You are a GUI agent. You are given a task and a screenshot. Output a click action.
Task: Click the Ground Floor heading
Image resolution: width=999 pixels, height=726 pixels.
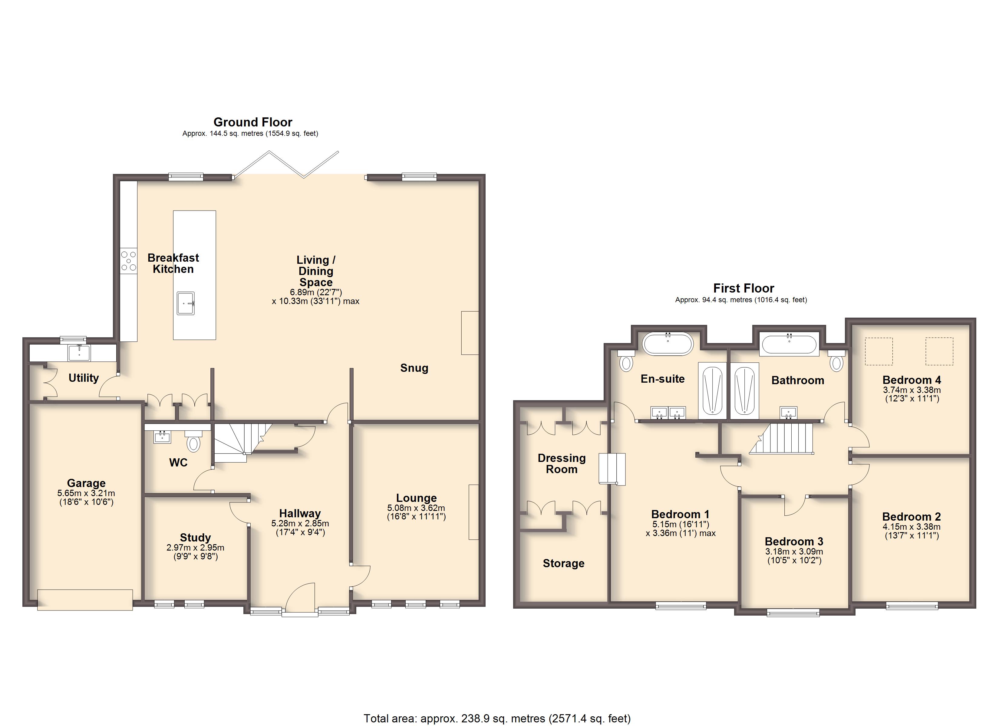(252, 122)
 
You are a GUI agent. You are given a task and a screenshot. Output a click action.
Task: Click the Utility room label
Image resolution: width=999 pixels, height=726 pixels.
(84, 378)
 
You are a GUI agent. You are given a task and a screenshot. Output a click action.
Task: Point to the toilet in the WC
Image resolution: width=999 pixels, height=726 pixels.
(193, 443)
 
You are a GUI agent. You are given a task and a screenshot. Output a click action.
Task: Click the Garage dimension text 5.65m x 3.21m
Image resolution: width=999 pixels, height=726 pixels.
(86, 493)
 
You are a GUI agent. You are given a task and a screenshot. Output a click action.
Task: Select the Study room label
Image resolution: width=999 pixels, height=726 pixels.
(195, 538)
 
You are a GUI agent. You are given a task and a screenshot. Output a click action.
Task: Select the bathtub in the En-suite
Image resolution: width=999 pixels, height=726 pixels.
(668, 344)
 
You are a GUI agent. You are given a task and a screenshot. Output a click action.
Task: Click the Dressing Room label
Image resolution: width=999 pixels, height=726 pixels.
(562, 464)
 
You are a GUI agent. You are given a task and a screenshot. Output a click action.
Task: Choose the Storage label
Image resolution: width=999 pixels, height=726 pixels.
(563, 563)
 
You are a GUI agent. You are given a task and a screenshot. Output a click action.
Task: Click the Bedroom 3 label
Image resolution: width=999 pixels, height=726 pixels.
(794, 541)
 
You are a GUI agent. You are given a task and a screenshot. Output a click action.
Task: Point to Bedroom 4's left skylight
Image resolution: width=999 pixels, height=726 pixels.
(879, 351)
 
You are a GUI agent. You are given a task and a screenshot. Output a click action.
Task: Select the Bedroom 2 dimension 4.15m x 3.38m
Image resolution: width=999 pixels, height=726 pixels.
(911, 527)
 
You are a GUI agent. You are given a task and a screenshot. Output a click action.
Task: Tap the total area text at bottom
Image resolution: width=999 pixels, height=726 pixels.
(497, 718)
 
